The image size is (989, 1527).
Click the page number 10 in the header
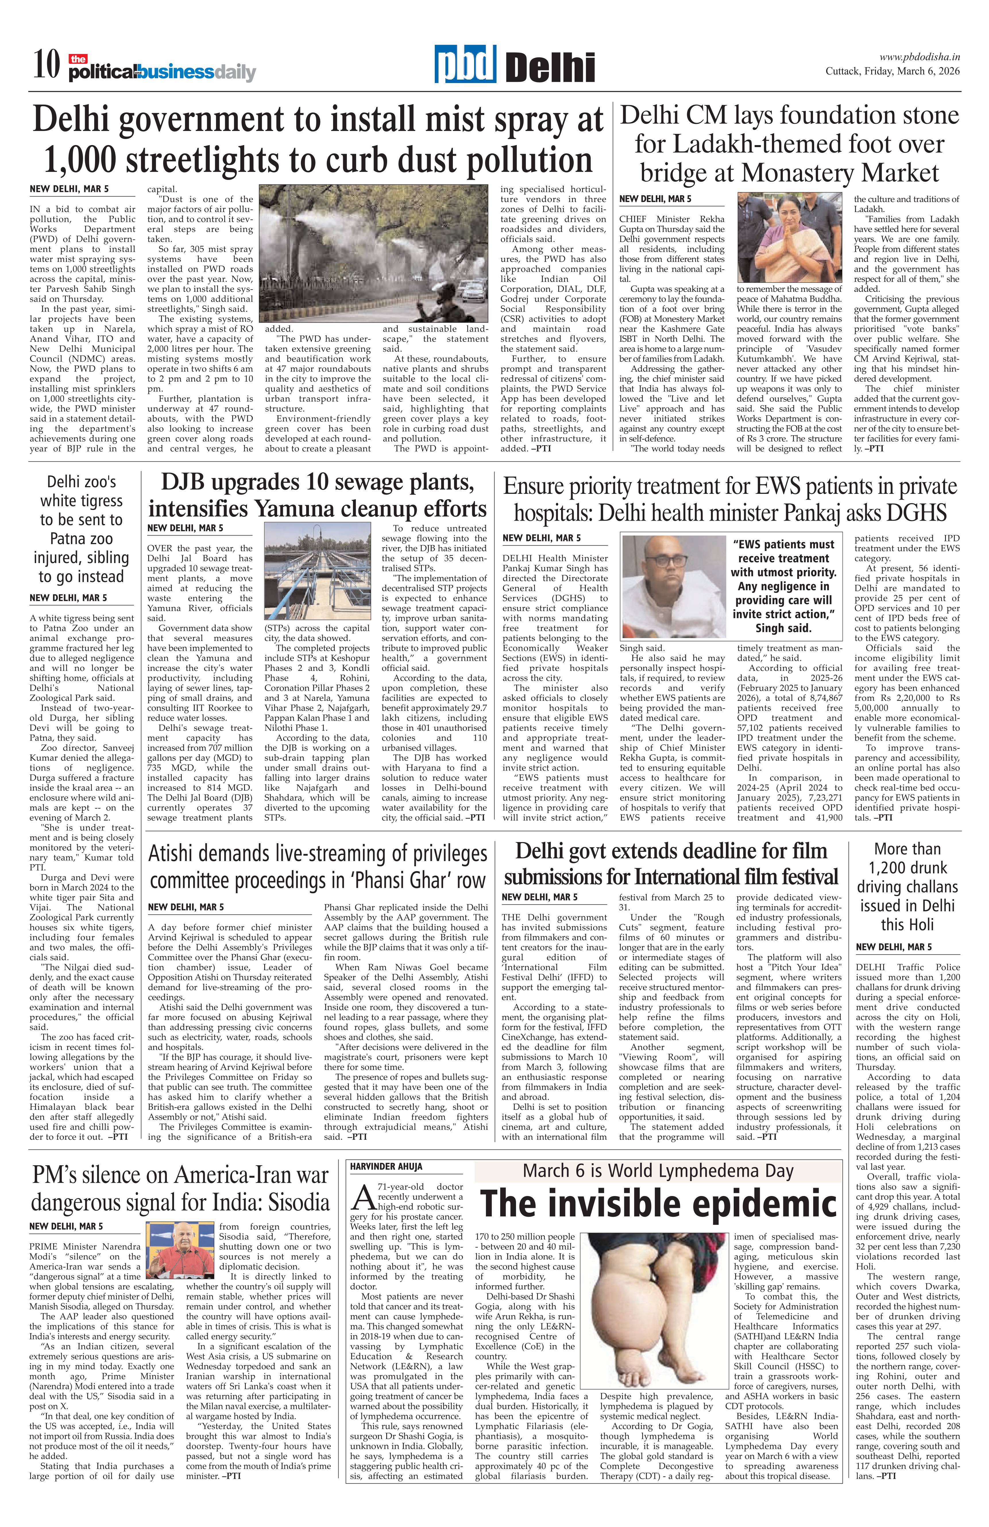pos(46,66)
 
